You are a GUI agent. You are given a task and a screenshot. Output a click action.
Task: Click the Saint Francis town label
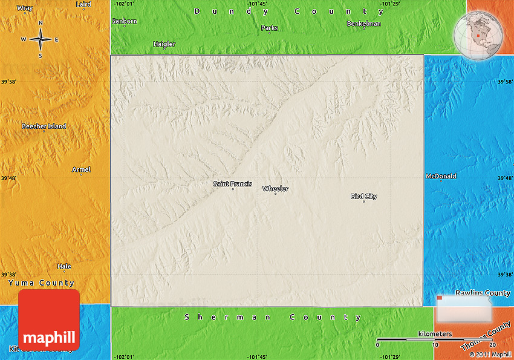233,184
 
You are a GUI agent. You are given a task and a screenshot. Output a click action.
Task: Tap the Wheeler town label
275,189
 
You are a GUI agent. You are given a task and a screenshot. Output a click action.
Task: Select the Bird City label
363,196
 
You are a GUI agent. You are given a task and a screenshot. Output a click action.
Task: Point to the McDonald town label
441,177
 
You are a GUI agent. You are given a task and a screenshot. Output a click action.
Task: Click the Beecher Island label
44,126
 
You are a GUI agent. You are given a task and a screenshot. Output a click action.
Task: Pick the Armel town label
81,170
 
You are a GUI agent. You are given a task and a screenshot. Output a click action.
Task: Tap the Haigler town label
164,44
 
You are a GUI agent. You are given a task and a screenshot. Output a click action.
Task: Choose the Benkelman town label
363,24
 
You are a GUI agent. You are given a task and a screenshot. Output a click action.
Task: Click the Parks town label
270,28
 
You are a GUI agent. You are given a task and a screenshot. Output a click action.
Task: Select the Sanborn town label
125,21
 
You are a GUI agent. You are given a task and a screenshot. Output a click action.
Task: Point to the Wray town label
25,8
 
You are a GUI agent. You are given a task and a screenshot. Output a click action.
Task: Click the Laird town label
83,4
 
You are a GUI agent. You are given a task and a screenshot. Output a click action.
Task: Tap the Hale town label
64,266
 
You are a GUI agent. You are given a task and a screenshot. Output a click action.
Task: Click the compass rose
41,40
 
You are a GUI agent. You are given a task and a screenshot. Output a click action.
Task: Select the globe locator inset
478,34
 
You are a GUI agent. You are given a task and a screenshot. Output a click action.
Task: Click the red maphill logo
49,319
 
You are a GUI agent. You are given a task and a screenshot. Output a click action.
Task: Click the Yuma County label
41,283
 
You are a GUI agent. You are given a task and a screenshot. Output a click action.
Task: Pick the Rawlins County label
483,293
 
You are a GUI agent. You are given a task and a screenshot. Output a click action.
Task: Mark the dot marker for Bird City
364,201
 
